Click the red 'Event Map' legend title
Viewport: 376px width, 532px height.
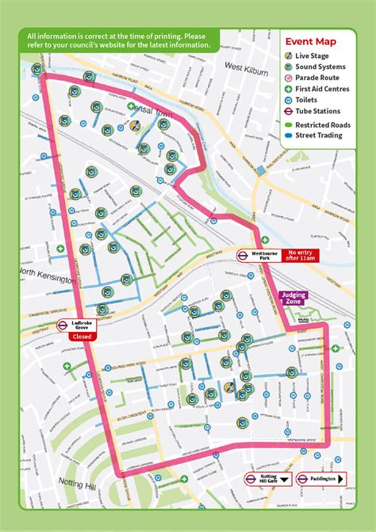pos(310,41)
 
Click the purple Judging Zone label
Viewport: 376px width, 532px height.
pos(293,299)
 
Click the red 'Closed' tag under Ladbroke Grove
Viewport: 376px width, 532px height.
pos(82,337)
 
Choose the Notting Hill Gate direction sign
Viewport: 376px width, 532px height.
pos(267,479)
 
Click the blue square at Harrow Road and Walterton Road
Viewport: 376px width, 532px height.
pos(261,168)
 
